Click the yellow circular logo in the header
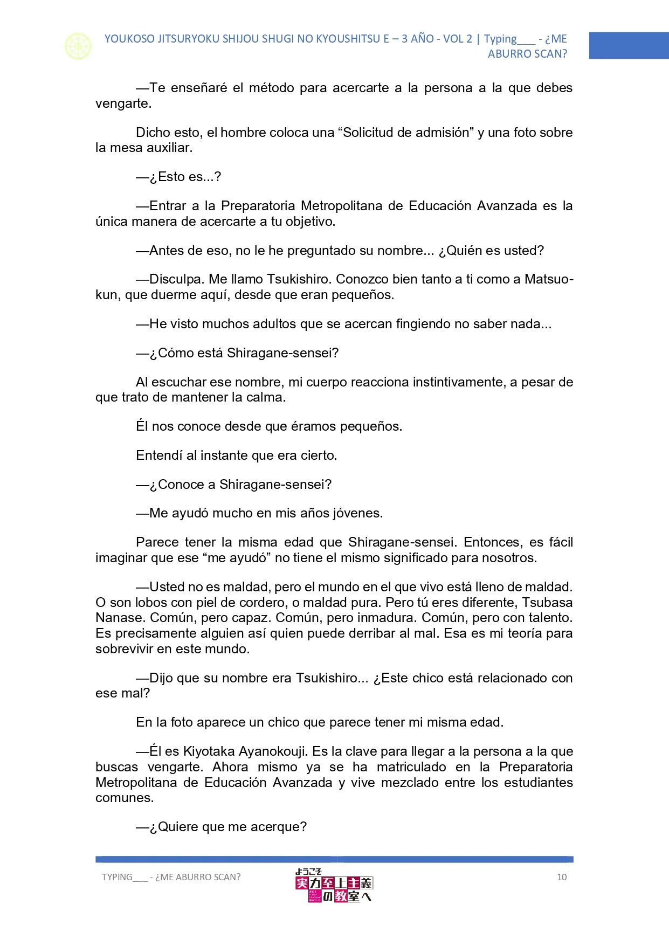coord(78,46)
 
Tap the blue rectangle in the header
coord(629,45)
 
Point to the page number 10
coord(562,877)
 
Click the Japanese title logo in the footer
coord(334,886)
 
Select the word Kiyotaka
coord(209,751)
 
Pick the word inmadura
coord(387,618)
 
